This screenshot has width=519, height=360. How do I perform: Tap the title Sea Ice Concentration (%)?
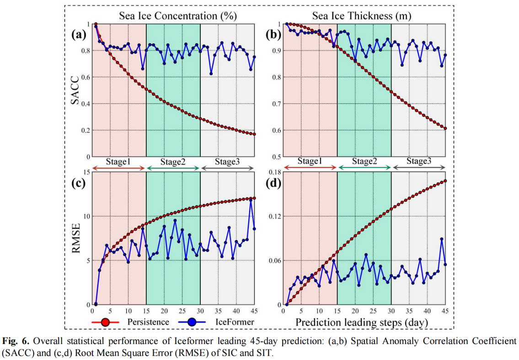click(178, 16)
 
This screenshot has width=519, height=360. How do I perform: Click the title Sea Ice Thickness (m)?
click(362, 16)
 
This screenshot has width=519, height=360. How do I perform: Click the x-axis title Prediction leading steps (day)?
click(362, 322)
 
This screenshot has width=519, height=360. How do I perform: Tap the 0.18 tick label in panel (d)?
click(273, 172)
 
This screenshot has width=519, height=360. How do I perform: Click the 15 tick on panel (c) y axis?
click(85, 172)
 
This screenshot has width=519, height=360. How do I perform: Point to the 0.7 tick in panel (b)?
click(277, 104)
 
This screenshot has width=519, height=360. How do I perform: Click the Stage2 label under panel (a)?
click(173, 161)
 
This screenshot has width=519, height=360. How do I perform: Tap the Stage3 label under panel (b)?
click(419, 161)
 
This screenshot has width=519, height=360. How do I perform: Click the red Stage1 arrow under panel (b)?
click(310, 168)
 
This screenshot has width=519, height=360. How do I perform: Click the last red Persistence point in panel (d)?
click(445, 181)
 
